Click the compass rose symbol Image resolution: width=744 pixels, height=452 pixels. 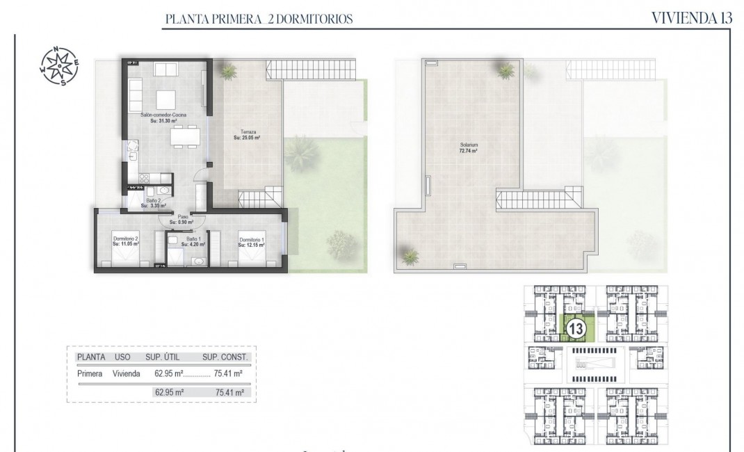58,65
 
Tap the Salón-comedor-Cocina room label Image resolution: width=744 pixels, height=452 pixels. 163,115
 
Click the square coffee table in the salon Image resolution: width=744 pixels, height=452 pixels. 166,98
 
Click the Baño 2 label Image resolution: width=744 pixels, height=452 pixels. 152,201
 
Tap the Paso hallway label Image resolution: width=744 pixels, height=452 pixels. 184,216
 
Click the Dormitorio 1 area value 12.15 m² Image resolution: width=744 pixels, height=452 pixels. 250,245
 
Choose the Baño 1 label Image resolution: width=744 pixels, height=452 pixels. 190,239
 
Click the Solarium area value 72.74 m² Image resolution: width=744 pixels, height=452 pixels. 468,151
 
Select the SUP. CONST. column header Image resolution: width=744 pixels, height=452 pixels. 225,357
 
